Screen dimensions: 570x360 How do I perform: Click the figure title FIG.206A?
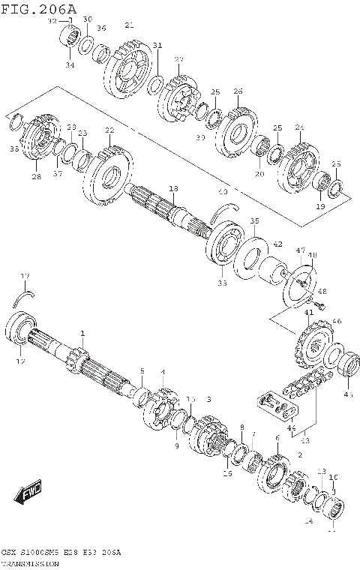(39, 8)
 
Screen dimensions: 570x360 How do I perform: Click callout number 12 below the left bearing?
(20, 361)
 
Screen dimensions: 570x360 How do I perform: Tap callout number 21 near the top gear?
(129, 25)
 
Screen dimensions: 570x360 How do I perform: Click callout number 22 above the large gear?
(109, 130)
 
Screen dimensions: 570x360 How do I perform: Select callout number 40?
(221, 191)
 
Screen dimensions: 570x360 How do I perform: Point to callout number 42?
(277, 244)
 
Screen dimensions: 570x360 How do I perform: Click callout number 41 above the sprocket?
(308, 311)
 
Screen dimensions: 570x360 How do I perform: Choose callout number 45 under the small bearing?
(347, 394)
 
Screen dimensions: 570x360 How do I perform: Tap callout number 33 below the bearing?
(221, 283)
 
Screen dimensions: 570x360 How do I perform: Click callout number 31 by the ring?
(157, 46)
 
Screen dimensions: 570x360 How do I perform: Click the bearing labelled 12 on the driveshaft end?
(20, 331)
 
